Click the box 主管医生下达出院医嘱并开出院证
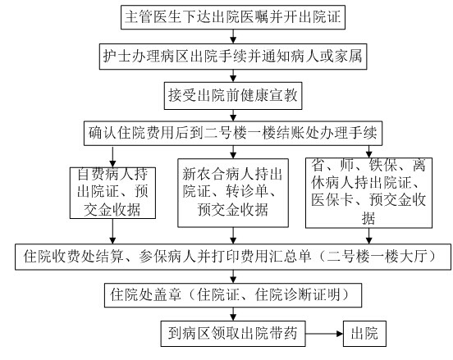(233, 16)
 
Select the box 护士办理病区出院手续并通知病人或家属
(233, 57)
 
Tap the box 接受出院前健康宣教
(233, 96)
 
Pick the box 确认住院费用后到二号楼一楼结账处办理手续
(233, 133)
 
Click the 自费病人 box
(112, 193)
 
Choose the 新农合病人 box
(233, 193)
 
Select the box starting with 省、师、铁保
(368, 193)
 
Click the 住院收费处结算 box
(233, 257)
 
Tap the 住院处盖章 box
(233, 294)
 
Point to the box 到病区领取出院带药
(233, 334)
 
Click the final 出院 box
(364, 334)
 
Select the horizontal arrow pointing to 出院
(324, 334)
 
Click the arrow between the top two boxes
(233, 36)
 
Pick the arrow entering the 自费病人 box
(112, 157)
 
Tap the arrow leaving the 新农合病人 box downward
(233, 235)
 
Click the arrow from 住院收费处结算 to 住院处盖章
(233, 276)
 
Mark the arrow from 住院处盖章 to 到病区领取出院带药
(233, 314)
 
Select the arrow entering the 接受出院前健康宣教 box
(233, 76)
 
